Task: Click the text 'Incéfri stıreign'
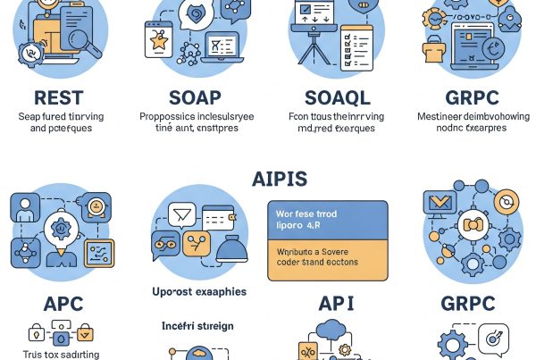[198, 326]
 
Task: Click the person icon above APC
[24, 207]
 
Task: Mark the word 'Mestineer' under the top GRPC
[440, 116]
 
